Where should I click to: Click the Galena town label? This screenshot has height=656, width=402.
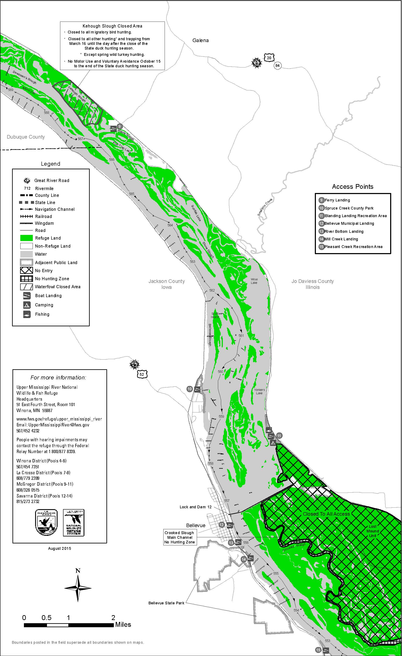200,40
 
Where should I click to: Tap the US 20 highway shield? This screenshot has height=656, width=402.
269,58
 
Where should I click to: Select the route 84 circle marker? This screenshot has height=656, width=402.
278,65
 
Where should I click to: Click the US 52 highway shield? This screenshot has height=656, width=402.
142,374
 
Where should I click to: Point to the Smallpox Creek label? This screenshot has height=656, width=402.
265,207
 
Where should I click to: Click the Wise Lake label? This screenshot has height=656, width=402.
254,281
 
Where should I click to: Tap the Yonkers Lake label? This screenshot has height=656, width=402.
259,391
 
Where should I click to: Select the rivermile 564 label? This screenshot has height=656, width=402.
170,225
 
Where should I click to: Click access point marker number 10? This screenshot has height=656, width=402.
190,389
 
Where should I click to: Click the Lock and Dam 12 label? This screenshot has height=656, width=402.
195,507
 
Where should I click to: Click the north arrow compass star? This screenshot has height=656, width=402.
78,588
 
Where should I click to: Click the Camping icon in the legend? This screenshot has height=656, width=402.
27,305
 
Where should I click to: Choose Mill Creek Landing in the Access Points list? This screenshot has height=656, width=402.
341,239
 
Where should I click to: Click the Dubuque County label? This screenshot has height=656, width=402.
26,137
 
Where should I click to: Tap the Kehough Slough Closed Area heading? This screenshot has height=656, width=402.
112,26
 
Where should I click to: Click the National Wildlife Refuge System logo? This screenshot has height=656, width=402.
73,523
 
